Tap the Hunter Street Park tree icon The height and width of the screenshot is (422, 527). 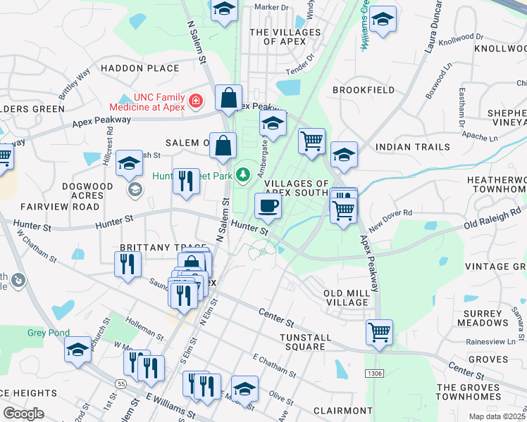coord(244,172)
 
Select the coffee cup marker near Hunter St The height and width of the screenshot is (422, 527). coord(268,206)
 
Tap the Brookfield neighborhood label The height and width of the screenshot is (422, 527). coord(363,91)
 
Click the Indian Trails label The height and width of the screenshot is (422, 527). coord(412,147)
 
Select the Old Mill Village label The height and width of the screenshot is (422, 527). coord(346,297)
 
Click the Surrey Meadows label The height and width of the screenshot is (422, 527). coord(483,318)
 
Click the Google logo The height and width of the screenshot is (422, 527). coord(23,414)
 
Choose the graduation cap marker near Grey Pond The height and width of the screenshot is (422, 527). coord(77,350)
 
